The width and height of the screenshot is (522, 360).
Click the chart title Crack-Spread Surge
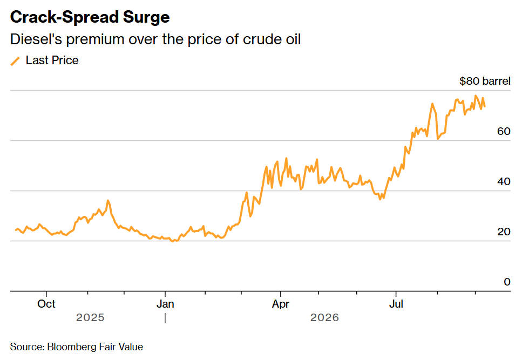[x=90, y=17]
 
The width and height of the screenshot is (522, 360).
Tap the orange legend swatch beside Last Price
[x=15, y=61]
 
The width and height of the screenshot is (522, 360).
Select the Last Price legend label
[x=52, y=60]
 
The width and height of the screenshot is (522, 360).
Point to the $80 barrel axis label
[x=485, y=81]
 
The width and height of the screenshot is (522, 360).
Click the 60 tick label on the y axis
[x=504, y=131]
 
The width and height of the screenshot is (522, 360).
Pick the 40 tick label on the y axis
[x=504, y=181]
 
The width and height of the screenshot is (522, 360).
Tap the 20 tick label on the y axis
[x=504, y=232]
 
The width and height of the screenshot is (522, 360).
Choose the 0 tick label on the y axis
[x=507, y=282]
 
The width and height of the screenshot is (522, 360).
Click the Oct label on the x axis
[x=46, y=304]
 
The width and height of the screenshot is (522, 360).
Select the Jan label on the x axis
[x=165, y=304]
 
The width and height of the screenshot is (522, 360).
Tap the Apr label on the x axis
[x=281, y=304]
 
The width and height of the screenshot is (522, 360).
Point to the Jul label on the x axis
[x=396, y=304]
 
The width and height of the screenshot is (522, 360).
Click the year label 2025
[x=90, y=317]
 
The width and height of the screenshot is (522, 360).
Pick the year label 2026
[x=324, y=317]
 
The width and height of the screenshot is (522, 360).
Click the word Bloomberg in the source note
[x=72, y=347]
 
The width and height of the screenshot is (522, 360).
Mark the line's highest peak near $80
[x=476, y=96]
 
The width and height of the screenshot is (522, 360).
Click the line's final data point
[x=485, y=106]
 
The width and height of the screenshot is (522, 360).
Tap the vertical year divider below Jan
[x=165, y=318]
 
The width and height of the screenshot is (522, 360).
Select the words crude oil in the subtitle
[x=272, y=39]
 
